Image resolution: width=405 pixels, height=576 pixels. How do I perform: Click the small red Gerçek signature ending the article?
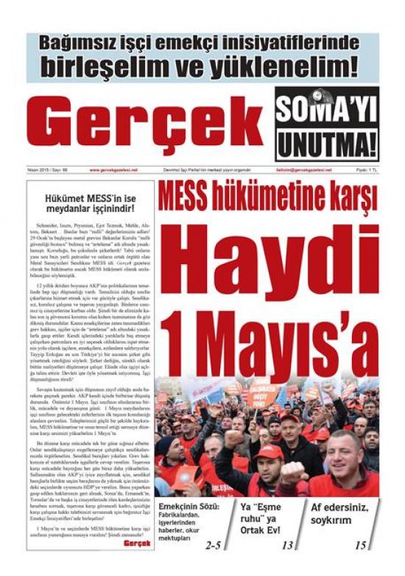click(137, 544)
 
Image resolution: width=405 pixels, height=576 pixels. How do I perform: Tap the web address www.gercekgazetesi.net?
click(115, 170)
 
